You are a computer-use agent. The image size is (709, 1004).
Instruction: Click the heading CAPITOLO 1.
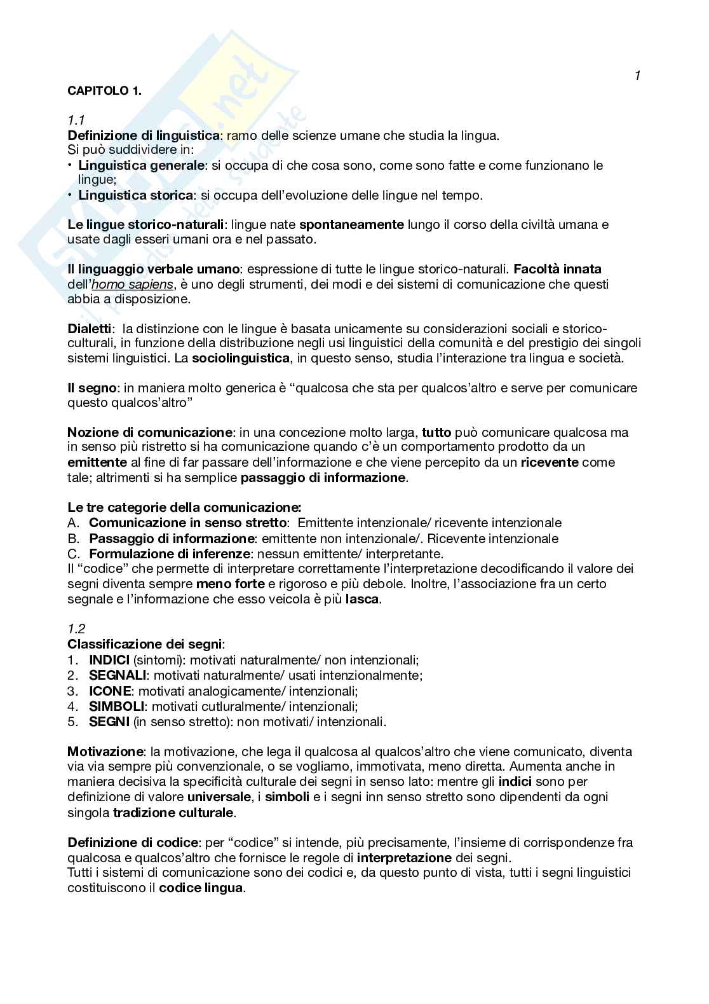105,90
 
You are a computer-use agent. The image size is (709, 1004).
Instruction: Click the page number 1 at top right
637,76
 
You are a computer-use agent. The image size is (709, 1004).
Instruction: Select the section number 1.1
76,120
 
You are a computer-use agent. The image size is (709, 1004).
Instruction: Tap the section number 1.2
76,629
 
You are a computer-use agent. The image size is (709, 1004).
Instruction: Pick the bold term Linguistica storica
135,195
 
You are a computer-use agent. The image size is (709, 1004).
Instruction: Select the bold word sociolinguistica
241,359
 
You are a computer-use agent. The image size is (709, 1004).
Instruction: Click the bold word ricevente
550,462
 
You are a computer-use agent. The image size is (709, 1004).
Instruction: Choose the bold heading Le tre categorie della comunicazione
184,507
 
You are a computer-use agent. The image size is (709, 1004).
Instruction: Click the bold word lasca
363,599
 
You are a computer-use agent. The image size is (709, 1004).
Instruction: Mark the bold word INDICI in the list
109,660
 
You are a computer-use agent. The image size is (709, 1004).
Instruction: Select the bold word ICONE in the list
110,691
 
